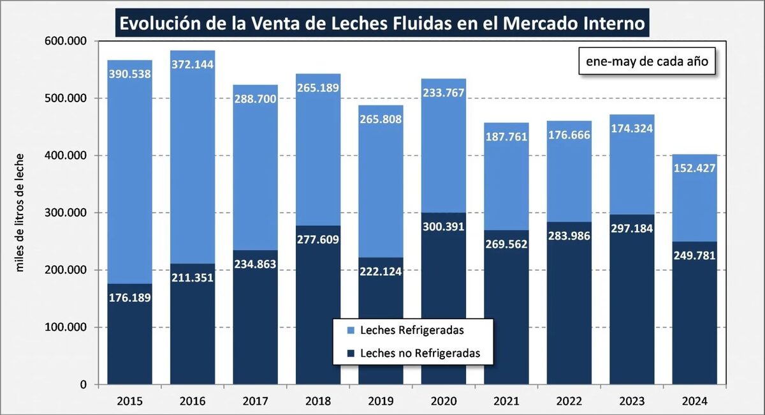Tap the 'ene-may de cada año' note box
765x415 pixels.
(646, 62)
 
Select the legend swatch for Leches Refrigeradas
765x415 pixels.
(349, 331)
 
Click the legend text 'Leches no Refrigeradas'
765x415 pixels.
(419, 352)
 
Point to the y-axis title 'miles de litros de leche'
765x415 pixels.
(20, 213)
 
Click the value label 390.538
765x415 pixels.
(129, 73)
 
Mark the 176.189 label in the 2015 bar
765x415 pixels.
(129, 298)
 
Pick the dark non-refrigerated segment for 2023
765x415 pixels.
(632, 300)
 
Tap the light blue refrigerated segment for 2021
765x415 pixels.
(506, 192)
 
